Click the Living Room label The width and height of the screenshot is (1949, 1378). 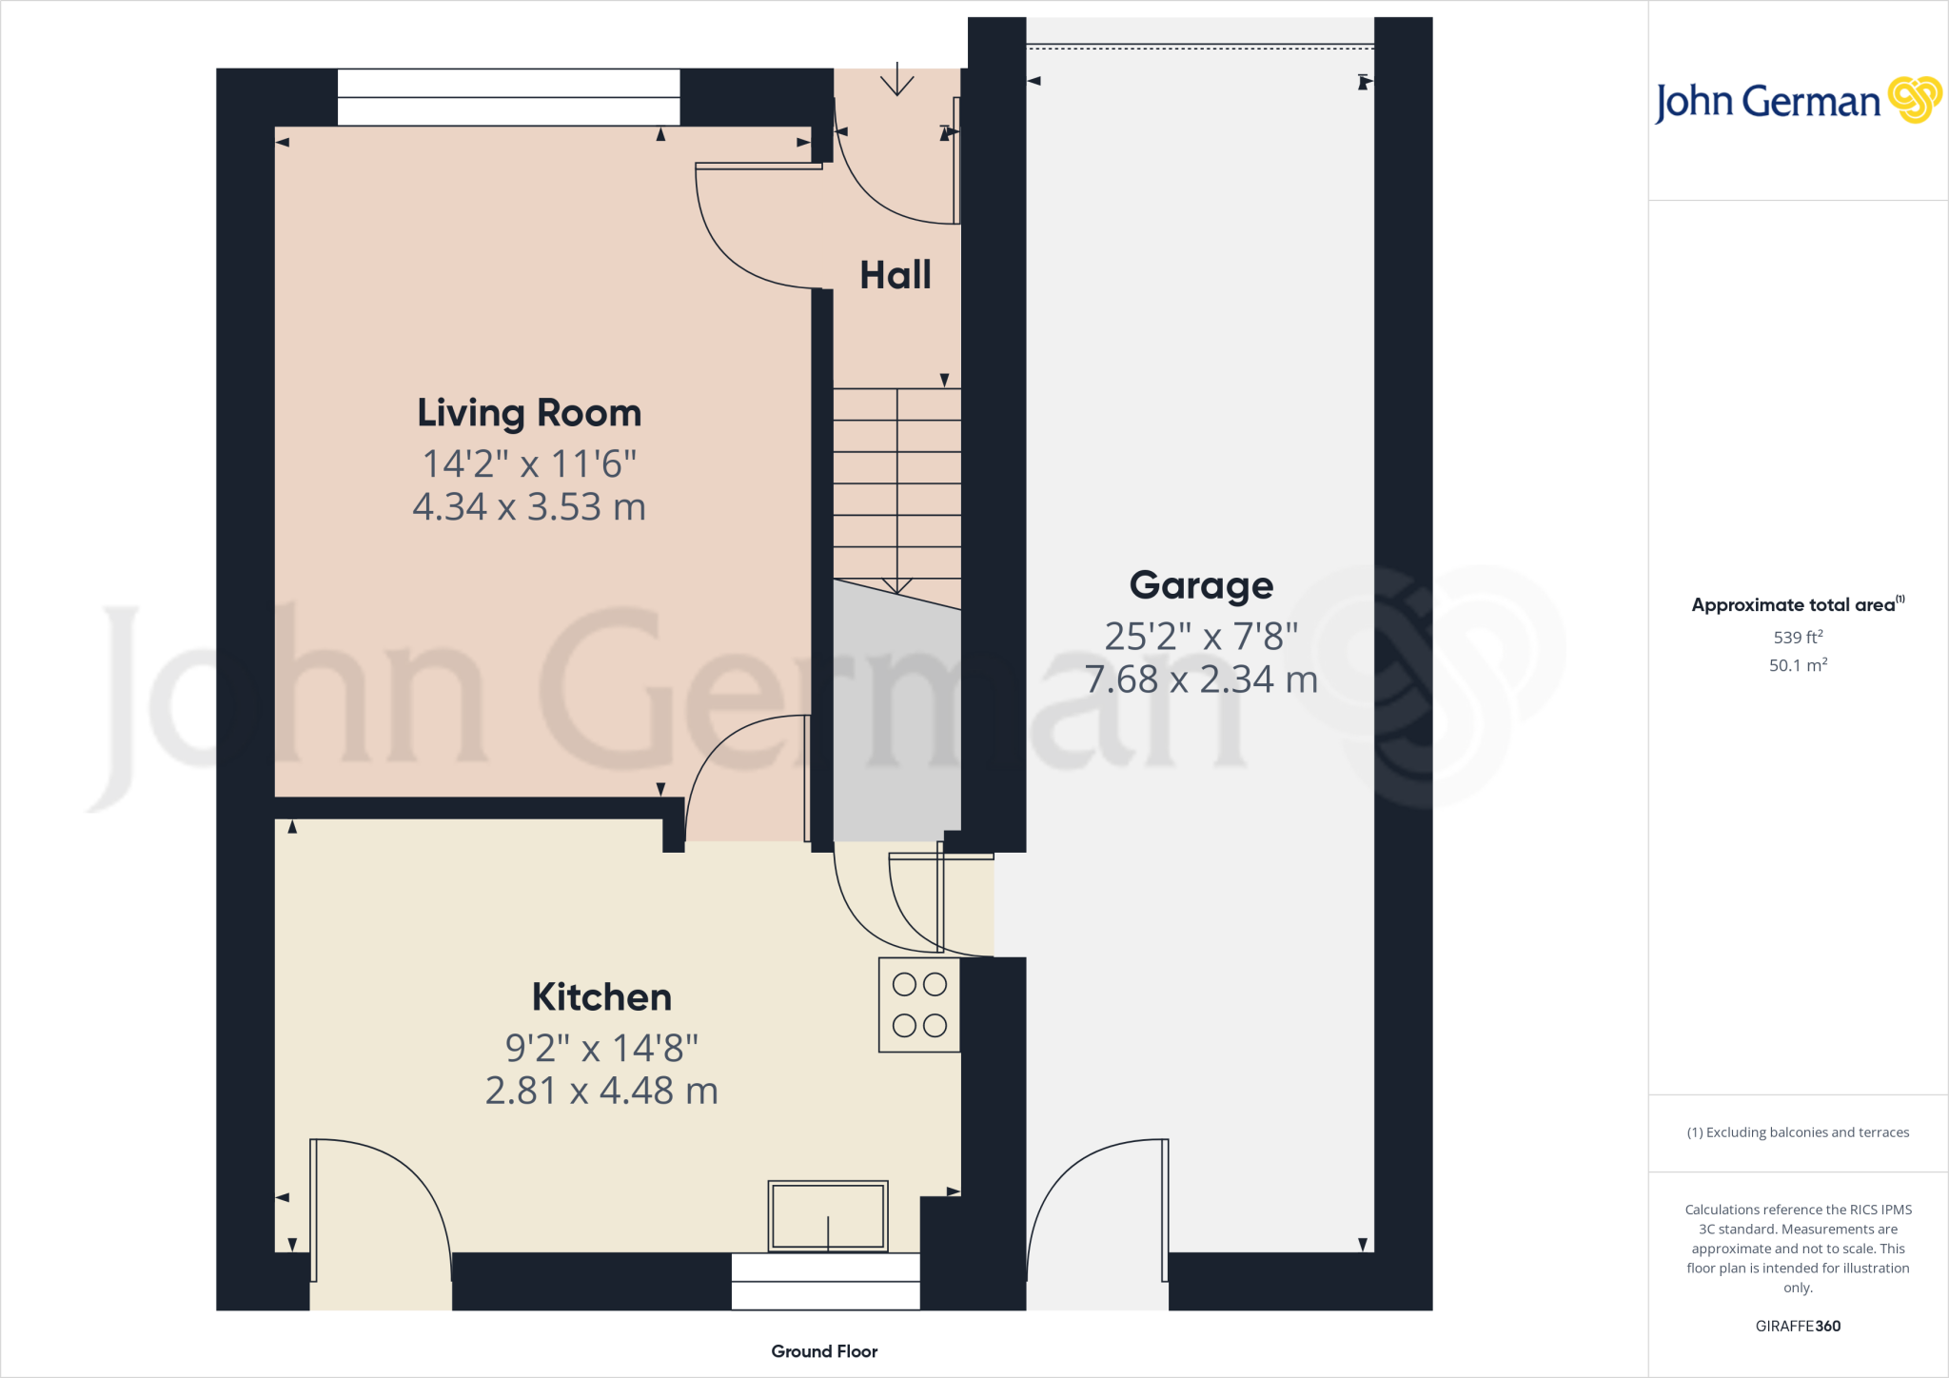(529, 413)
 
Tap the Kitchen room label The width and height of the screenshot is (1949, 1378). (601, 997)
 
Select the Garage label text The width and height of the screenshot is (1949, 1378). (1201, 585)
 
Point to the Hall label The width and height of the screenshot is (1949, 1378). (896, 275)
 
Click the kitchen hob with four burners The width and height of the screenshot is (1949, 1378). (919, 1004)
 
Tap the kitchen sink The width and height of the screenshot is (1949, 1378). (828, 1216)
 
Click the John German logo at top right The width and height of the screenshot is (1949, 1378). (1797, 101)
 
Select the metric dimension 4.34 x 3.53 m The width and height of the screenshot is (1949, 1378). (529, 507)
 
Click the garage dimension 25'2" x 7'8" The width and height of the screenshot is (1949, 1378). (1201, 636)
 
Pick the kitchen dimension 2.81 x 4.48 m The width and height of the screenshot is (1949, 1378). (601, 1091)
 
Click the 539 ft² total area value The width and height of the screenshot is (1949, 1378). (1798, 638)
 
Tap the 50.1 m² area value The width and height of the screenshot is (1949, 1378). (1798, 665)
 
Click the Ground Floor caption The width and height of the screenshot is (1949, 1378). (824, 1351)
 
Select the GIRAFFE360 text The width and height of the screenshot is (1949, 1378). (1798, 1326)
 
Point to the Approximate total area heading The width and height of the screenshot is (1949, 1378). (1798, 604)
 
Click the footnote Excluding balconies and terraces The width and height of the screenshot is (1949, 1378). (1798, 1132)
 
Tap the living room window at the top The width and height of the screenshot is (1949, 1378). (508, 97)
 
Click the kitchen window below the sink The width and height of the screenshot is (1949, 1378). (826, 1281)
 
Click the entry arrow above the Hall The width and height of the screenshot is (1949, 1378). (896, 81)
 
